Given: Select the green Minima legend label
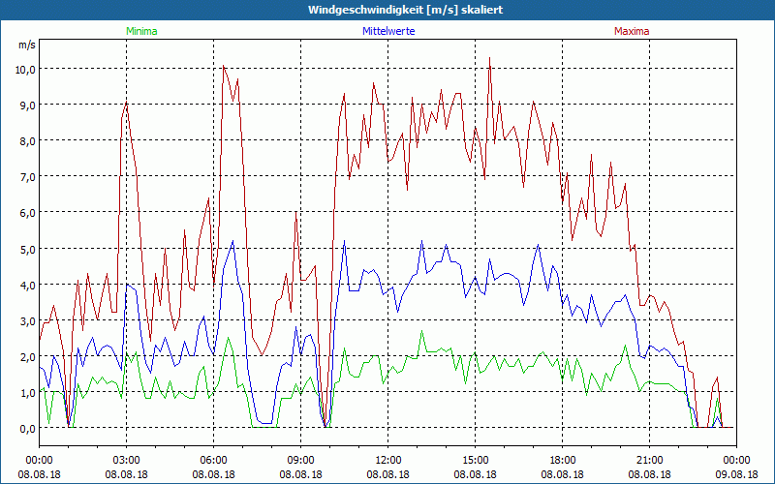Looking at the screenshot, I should click(x=140, y=31).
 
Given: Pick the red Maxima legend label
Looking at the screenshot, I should click(x=631, y=31).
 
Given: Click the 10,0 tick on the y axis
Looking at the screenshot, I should click(x=22, y=69).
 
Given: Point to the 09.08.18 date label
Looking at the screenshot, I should click(x=736, y=473).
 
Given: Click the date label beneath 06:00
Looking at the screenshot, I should click(x=213, y=473).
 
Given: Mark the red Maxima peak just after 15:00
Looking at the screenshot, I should click(x=490, y=58).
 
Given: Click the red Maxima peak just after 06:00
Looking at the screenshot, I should click(x=224, y=67).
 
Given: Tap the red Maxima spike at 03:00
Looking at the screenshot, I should click(x=127, y=102).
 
